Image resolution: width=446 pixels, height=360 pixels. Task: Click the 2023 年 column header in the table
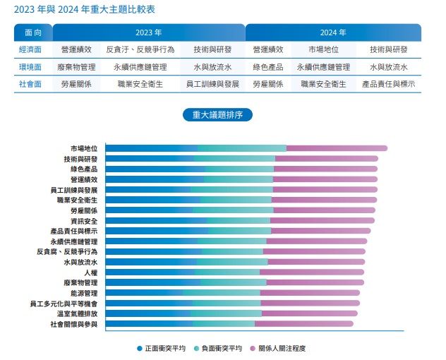149,32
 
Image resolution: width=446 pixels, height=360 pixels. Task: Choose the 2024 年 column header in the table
333,32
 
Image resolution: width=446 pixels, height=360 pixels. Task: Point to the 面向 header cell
33,32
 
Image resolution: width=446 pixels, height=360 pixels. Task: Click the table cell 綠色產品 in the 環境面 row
268,67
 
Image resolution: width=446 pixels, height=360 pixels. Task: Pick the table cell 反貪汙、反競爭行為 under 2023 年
140,49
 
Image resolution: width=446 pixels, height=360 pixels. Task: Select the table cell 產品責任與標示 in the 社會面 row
388,84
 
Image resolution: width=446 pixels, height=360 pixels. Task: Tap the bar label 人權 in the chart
91,272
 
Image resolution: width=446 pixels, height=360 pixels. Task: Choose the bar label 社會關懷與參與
74,324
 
